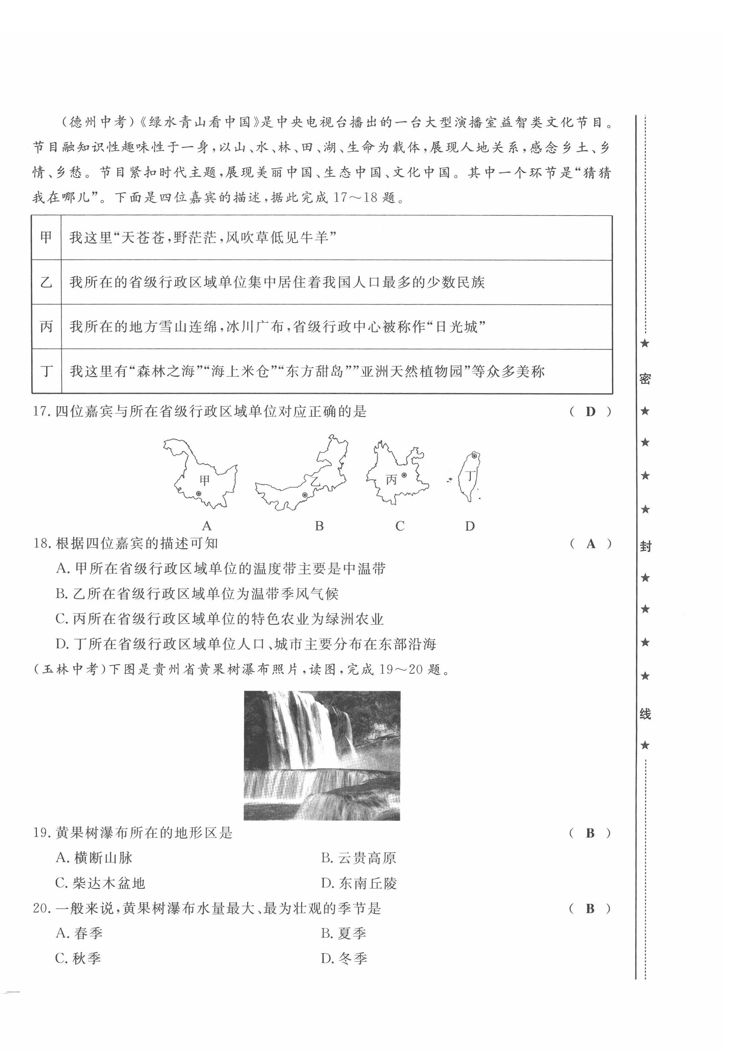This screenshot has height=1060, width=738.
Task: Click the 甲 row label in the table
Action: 46,237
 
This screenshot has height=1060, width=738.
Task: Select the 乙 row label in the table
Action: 46,282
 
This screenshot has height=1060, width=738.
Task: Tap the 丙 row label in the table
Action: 46,327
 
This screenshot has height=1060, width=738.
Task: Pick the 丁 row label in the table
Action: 46,371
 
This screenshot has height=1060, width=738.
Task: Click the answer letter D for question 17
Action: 590,411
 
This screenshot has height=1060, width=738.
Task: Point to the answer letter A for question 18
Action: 590,544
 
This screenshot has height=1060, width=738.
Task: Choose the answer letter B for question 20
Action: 590,909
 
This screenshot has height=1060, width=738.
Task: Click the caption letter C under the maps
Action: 399,526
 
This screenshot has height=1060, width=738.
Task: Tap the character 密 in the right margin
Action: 645,379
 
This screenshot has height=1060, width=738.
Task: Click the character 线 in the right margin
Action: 645,714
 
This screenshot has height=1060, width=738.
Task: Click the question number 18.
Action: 42,544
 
